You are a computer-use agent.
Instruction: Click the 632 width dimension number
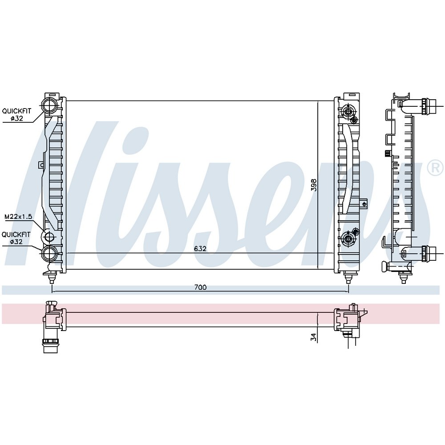tap(200, 249)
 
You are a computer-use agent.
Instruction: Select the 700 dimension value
tap(200, 287)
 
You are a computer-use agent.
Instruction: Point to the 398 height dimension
tap(314, 185)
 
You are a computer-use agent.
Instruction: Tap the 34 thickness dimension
tap(313, 337)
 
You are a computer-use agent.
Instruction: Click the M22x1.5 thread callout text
tap(18, 217)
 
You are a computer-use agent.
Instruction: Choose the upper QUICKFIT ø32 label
tap(16, 115)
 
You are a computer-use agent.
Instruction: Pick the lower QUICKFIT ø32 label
tap(16, 238)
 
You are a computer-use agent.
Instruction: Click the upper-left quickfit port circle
tap(50, 105)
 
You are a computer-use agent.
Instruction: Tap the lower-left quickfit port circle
tap(50, 253)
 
